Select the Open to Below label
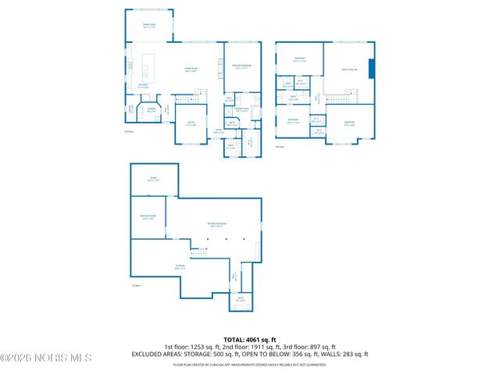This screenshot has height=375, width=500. pos(349,70)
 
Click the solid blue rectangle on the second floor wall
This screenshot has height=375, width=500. pos(372,69)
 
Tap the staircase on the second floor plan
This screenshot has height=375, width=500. pos(336,97)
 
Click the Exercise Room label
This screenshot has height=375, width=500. pos(148,217)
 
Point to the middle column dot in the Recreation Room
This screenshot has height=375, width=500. pos(228,240)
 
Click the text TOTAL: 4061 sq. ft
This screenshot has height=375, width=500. pos(249,338)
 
